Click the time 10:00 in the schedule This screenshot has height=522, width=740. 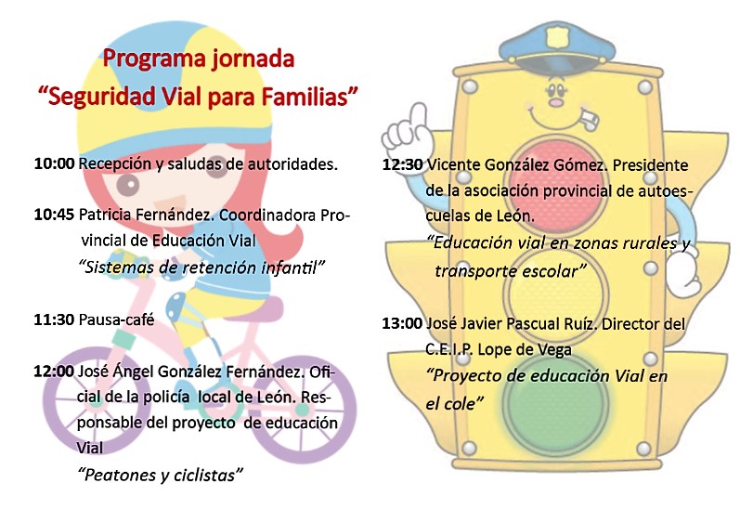pyautogui.click(x=54, y=163)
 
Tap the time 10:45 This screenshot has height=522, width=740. pyautogui.click(x=54, y=215)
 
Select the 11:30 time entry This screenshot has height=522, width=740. pyautogui.click(x=54, y=320)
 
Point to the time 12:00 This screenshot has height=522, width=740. pyautogui.click(x=54, y=371)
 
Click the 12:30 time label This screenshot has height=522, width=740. pyautogui.click(x=403, y=164)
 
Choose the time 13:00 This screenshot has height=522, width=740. pyautogui.click(x=402, y=323)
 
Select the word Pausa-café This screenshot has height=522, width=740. pyautogui.click(x=117, y=320)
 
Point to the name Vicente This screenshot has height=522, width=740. pyautogui.click(x=453, y=164)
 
